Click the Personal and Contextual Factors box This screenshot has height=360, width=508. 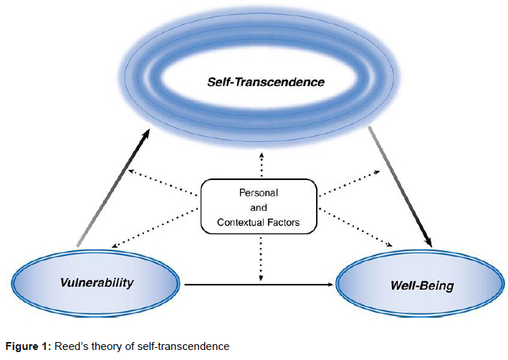259,209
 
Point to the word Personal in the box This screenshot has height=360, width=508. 259,194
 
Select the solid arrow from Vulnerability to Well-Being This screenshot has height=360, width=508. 258,285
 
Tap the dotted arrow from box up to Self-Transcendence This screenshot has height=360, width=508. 260,164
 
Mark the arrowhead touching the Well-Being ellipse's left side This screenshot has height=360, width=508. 331,285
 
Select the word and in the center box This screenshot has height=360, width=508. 259,209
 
